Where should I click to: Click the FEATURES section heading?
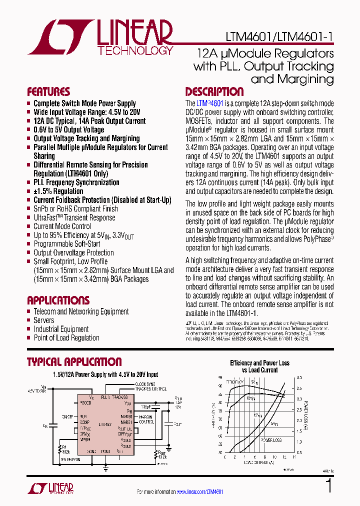click(x=48, y=92)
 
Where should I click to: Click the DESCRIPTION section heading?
click(x=214, y=92)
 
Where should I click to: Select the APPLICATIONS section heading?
click(x=58, y=300)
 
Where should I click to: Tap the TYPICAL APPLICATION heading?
click(x=74, y=362)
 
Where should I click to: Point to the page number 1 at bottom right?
click(x=328, y=486)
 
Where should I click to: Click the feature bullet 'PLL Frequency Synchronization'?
click(x=76, y=182)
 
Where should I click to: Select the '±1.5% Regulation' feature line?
click(x=58, y=191)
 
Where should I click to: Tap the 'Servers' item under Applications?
click(x=44, y=320)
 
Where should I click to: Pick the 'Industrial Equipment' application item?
click(x=61, y=329)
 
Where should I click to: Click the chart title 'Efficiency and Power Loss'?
click(x=259, y=363)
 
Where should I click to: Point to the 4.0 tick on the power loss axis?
click(x=299, y=378)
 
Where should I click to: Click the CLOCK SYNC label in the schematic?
click(x=145, y=384)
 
